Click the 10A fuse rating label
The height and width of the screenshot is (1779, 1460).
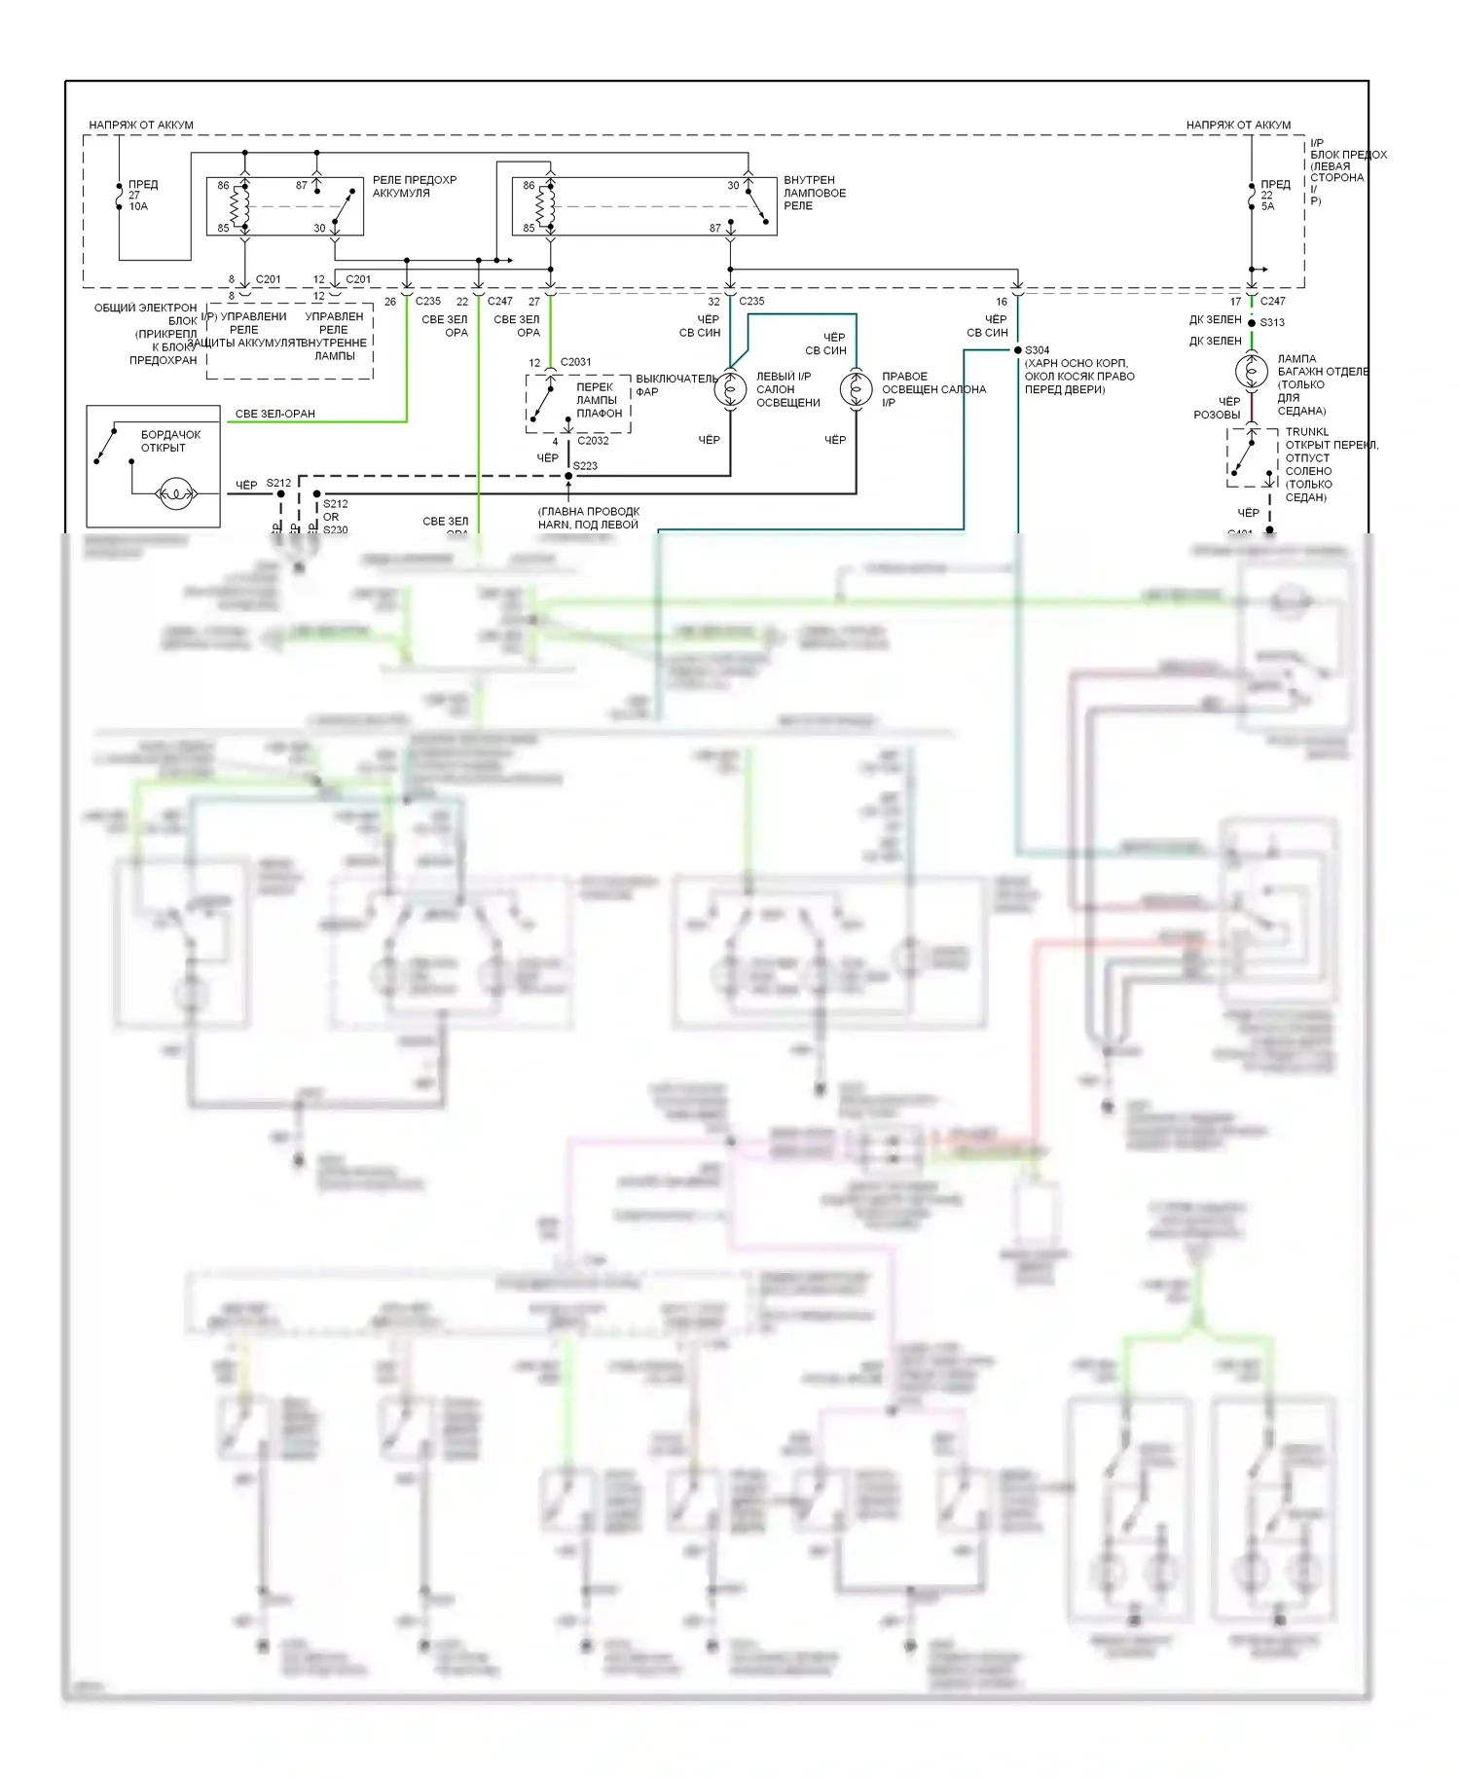[x=138, y=206]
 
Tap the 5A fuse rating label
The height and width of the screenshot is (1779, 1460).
[x=1267, y=206]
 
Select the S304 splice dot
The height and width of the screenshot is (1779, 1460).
[x=1018, y=350]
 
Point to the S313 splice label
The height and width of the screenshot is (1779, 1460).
[x=1272, y=323]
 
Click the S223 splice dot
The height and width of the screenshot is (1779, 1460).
[x=569, y=476]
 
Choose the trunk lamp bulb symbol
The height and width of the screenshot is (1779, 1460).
[x=1251, y=371]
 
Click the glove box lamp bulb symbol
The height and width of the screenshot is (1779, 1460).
[x=175, y=494]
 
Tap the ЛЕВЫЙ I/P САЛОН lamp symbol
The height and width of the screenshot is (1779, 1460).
[x=730, y=390]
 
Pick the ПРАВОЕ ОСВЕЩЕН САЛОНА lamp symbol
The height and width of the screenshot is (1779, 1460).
[x=857, y=390]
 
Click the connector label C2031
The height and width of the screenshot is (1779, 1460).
[x=575, y=362]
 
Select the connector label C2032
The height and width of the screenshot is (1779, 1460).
[x=593, y=441]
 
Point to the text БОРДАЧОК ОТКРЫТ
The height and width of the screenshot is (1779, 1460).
[x=170, y=441]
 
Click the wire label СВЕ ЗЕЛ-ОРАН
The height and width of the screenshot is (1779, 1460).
[x=275, y=414]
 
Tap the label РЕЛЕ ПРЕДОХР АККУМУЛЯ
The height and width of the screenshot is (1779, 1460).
[x=415, y=186]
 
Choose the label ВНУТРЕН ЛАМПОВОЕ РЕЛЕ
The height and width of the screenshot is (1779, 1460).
[x=815, y=193]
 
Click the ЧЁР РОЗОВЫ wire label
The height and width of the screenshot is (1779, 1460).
[x=1217, y=408]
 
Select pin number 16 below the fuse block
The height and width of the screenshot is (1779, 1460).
[x=1001, y=302]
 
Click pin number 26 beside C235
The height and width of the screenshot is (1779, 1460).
[x=390, y=302]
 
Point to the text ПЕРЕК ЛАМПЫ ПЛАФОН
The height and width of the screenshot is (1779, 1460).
[x=597, y=400]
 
